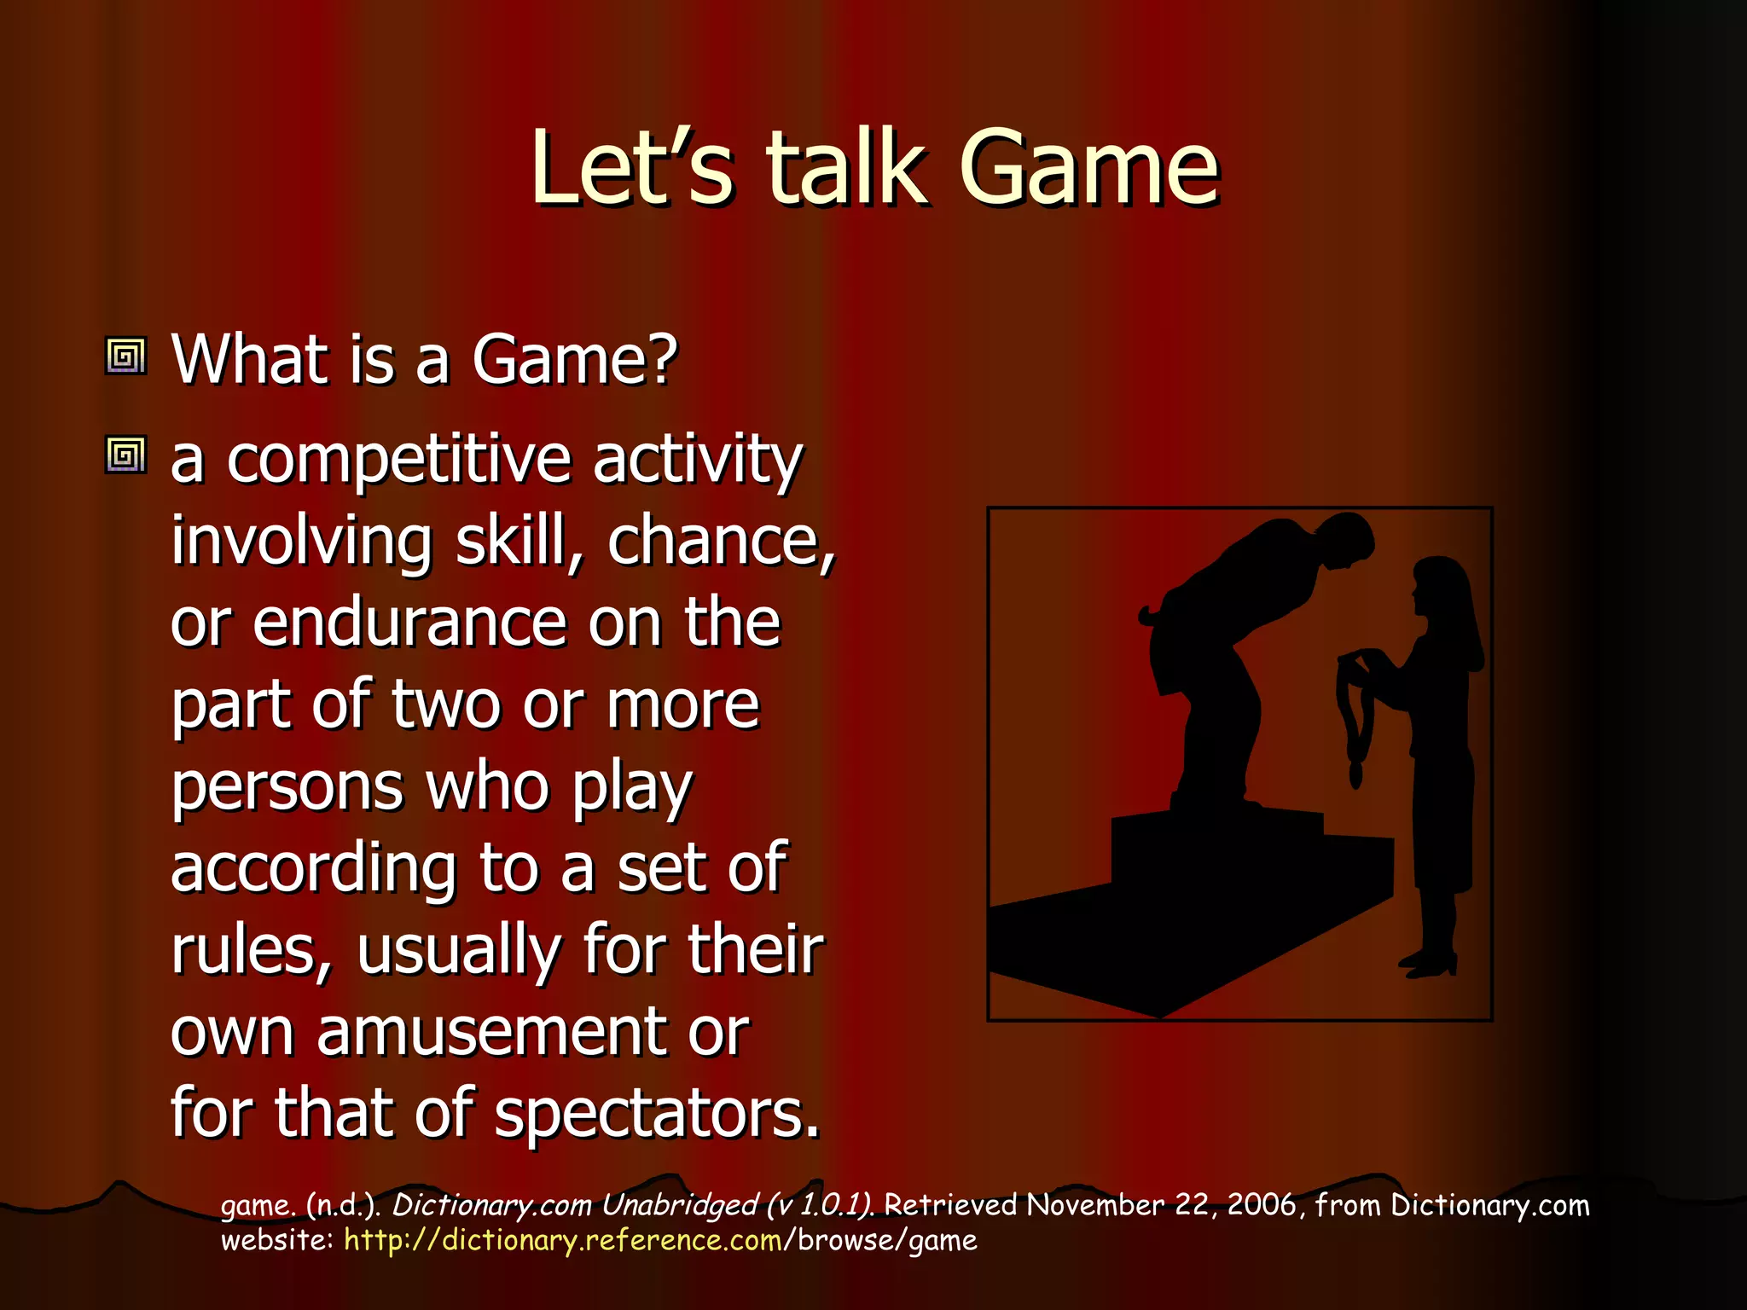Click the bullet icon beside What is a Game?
click(x=126, y=356)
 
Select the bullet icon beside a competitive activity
click(x=126, y=455)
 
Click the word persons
click(x=287, y=788)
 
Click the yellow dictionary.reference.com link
click(x=563, y=1240)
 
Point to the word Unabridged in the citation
click(x=679, y=1205)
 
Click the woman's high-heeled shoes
click(x=1430, y=964)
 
